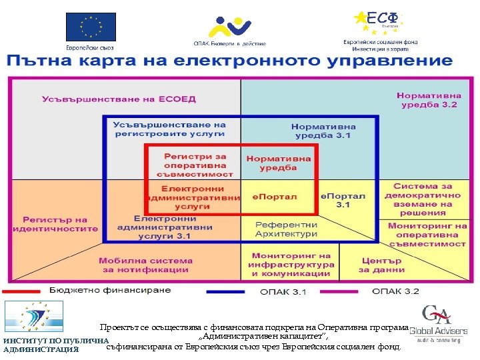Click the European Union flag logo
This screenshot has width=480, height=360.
coord(90,27)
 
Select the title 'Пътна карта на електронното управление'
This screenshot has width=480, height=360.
coord(230,62)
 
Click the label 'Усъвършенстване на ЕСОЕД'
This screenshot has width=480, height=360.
coord(119,99)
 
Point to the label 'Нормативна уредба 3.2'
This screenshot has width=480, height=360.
coord(427,100)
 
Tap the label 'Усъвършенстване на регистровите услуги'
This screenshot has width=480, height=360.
coord(169,129)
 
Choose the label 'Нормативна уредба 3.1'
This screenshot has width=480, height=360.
coord(323,131)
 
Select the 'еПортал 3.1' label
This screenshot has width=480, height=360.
coord(343,200)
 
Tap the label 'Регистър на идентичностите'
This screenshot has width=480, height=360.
coord(55,224)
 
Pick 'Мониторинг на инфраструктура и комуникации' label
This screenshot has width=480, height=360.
coord(291,265)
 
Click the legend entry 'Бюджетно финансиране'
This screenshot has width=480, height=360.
coord(110,291)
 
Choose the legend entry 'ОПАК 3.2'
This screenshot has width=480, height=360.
coord(395,291)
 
